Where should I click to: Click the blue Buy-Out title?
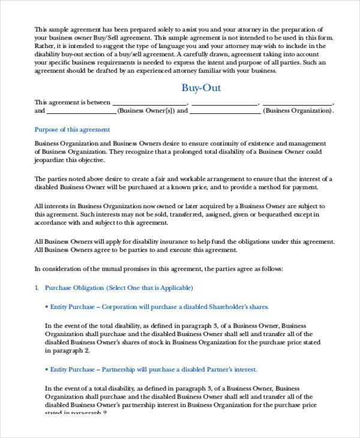pyautogui.click(x=201, y=89)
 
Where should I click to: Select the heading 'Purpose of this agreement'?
pyautogui.click(x=72, y=129)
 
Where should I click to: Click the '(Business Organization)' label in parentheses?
pyautogui.click(x=298, y=111)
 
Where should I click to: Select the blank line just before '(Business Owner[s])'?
pyautogui.click(x=81, y=111)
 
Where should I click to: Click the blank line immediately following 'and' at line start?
pyautogui.click(x=81, y=111)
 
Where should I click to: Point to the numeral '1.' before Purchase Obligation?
pyautogui.click(x=37, y=288)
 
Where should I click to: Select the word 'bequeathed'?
pyautogui.click(x=278, y=214)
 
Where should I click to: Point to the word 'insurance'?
pyautogui.click(x=170, y=241)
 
